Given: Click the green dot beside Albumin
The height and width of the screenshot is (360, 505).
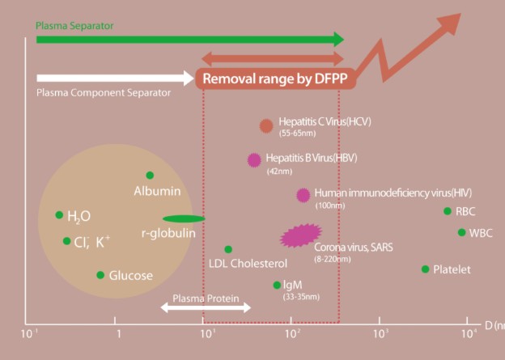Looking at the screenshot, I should click(150, 176).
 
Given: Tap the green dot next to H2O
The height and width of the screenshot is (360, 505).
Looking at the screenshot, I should click(59, 215).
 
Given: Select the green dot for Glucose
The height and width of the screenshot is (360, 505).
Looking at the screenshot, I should click(100, 275).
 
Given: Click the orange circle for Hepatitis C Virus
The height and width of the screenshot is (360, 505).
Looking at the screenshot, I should click(266, 125).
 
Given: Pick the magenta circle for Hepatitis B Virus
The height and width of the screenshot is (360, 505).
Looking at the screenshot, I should click(254, 159).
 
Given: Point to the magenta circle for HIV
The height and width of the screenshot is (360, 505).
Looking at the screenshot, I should click(303, 195).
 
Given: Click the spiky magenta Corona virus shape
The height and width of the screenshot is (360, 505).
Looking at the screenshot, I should click(300, 235).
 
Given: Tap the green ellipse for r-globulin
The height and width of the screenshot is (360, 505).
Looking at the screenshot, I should click(184, 218).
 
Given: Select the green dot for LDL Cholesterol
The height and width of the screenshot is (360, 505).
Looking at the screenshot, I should click(228, 250).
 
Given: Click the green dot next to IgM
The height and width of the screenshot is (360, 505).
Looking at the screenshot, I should click(277, 285).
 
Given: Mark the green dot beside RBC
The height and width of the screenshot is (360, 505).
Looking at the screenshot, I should click(448, 211).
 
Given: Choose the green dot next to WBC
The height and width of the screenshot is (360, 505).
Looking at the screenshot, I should click(462, 232).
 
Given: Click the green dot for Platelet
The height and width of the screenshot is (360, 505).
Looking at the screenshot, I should click(426, 269).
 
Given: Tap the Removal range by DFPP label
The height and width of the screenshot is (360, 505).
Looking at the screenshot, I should click(273, 78).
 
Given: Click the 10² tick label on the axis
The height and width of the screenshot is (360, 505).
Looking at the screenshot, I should click(293, 332).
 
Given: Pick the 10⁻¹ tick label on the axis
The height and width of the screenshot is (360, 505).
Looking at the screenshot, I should click(31, 332).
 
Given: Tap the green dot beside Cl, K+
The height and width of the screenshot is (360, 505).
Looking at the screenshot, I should click(66, 241).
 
